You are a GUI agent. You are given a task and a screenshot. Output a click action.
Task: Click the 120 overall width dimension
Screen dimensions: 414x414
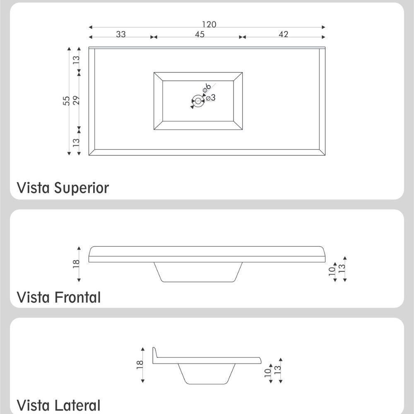(x=209, y=24)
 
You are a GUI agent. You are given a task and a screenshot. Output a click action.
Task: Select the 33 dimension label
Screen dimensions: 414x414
(x=120, y=34)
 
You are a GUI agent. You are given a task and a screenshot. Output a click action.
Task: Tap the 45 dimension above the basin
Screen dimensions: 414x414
(x=200, y=34)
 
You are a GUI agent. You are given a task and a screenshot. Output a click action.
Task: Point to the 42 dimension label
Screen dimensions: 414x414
(x=283, y=34)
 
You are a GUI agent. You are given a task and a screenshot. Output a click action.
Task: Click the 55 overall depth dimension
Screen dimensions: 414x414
(x=67, y=101)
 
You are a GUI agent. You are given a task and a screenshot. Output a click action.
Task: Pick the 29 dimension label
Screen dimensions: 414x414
(x=76, y=100)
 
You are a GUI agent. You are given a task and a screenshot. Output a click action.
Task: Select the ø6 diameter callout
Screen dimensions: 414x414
(x=207, y=88)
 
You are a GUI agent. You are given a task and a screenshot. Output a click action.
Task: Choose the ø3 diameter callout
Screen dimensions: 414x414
(x=210, y=98)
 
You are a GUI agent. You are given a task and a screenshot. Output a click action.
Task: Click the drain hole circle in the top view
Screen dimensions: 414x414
(x=198, y=101)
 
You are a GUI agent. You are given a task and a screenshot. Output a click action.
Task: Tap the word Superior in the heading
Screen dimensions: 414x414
(x=82, y=188)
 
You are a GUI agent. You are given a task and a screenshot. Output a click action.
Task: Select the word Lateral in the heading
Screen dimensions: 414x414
(x=77, y=405)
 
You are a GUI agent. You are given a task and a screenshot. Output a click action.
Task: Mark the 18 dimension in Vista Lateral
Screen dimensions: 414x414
(x=140, y=364)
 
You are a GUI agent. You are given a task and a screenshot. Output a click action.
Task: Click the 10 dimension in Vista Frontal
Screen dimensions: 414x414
(x=332, y=272)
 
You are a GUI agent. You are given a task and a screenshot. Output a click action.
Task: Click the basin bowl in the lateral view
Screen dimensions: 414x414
(x=205, y=374)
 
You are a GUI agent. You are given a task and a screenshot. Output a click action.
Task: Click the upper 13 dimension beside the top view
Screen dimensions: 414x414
(x=76, y=59)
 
